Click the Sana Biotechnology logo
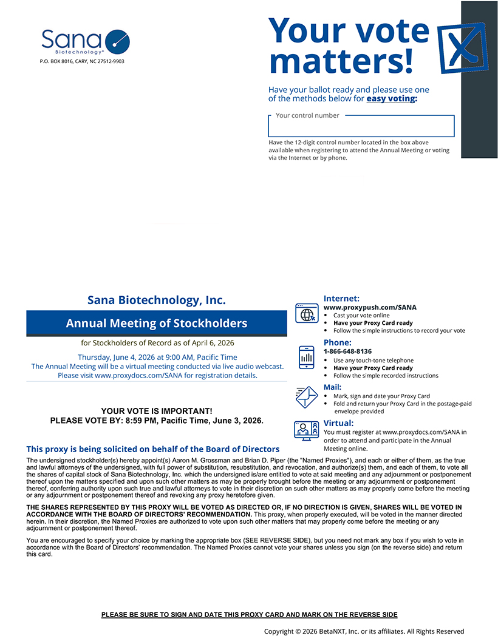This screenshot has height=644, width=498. tap(85, 41)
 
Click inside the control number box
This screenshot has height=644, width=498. tap(361, 127)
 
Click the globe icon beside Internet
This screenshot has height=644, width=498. tap(307, 314)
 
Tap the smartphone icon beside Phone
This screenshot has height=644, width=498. tap(307, 357)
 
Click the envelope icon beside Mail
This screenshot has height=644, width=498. tap(307, 397)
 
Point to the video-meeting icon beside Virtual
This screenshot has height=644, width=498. tap(307, 430)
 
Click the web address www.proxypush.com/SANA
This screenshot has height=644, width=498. tap(370, 308)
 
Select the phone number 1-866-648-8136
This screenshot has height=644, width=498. tap(347, 351)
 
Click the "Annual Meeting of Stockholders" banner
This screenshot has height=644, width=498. tap(157, 323)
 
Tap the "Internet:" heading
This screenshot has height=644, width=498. tap(341, 299)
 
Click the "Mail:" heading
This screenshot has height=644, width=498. tap(332, 387)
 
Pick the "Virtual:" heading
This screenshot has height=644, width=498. tap(338, 423)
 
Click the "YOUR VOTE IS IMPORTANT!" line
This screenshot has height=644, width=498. tap(157, 411)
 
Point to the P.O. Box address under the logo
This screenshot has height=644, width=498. tap(82, 61)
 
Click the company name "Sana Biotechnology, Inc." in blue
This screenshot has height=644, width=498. tap(157, 300)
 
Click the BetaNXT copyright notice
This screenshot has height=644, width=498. tap(364, 631)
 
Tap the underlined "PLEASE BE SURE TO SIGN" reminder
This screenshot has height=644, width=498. tap(249, 615)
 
